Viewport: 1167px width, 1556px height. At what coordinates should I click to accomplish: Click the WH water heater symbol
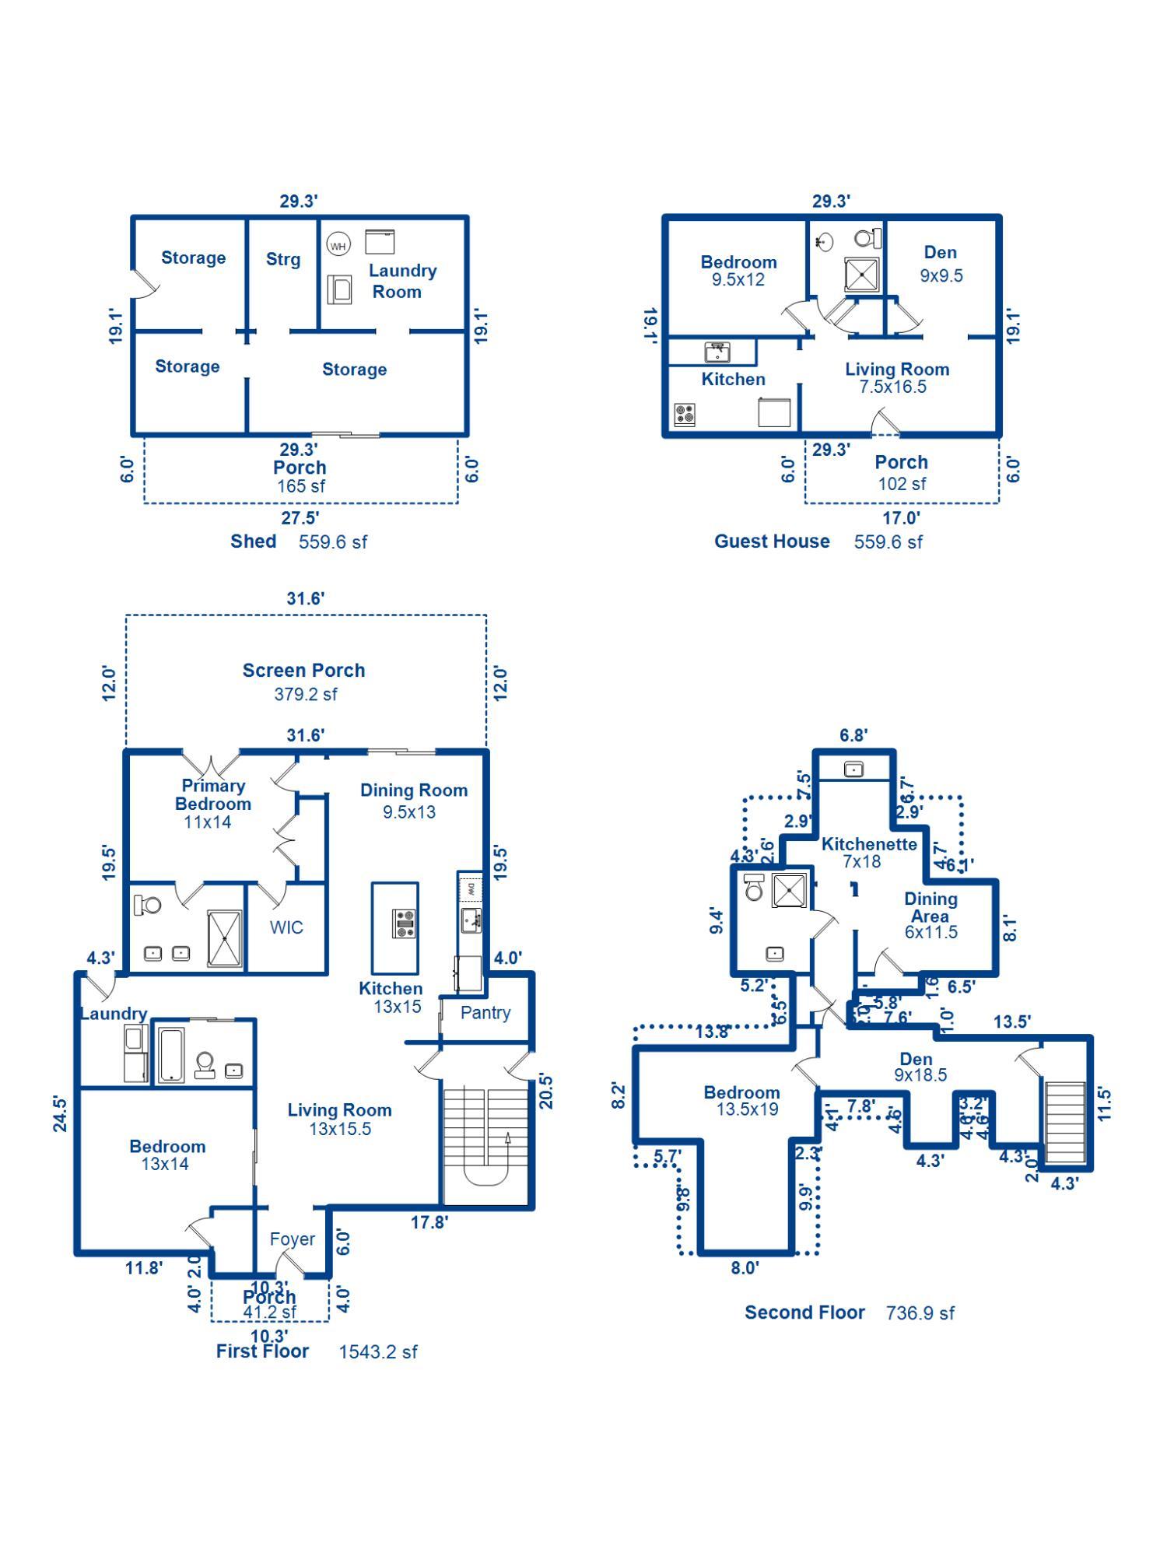[338, 246]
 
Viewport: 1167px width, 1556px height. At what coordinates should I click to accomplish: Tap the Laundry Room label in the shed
[401, 281]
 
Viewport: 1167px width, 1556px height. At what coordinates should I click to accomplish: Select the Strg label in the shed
[282, 259]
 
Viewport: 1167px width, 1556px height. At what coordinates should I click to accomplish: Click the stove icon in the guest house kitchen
[685, 414]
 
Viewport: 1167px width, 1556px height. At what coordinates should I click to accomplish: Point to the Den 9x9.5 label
[941, 264]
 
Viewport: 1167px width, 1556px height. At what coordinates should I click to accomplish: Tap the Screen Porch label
[303, 670]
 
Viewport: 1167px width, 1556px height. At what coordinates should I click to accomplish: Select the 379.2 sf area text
[305, 694]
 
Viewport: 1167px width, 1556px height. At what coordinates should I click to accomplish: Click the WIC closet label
[286, 927]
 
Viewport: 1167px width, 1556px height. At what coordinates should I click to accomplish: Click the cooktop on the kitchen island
[404, 923]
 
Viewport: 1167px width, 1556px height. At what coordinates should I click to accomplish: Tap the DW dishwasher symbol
[471, 888]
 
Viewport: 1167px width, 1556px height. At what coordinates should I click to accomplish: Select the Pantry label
[485, 1012]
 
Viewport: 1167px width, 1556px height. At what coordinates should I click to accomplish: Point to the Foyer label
[292, 1239]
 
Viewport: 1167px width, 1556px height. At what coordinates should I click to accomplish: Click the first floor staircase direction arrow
[507, 1140]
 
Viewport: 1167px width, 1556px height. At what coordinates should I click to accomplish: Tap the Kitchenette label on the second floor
[869, 843]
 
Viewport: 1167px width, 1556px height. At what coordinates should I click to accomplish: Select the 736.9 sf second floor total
[920, 1313]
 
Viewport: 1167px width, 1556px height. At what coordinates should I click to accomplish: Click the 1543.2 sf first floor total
[377, 1352]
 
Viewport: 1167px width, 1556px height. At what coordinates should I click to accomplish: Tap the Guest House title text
[772, 541]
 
